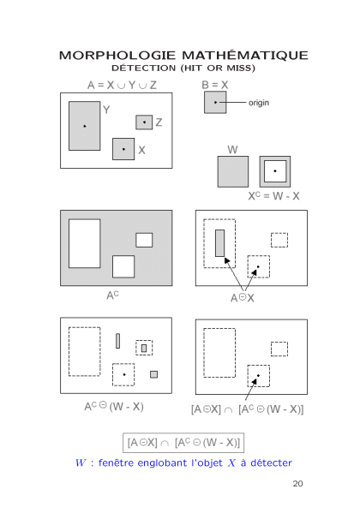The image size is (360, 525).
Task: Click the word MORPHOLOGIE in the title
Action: click(117, 56)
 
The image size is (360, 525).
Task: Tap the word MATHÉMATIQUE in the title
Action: click(245, 55)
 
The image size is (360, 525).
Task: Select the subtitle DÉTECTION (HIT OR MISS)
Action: click(183, 68)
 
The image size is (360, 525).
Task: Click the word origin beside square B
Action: click(259, 103)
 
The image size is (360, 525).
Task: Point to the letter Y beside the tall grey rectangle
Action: click(106, 110)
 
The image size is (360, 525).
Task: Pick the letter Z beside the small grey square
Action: click(159, 122)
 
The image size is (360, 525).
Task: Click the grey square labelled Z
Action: click(144, 122)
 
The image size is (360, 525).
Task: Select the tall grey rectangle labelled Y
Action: click(85, 126)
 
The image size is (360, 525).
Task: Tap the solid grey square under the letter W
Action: click(233, 171)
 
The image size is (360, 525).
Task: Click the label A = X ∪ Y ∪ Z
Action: click(122, 86)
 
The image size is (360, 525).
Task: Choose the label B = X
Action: click(215, 85)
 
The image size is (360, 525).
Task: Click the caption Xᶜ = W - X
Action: click(273, 196)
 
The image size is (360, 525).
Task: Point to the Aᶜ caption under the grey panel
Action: click(112, 295)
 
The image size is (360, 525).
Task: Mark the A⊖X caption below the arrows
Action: click(243, 298)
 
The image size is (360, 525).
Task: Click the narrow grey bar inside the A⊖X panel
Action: click(220, 243)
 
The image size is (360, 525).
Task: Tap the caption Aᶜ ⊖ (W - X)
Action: click(114, 407)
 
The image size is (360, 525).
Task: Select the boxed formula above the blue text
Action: click(183, 443)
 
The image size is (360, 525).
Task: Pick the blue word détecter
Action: click(271, 462)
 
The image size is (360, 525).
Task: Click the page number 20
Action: click(297, 484)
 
